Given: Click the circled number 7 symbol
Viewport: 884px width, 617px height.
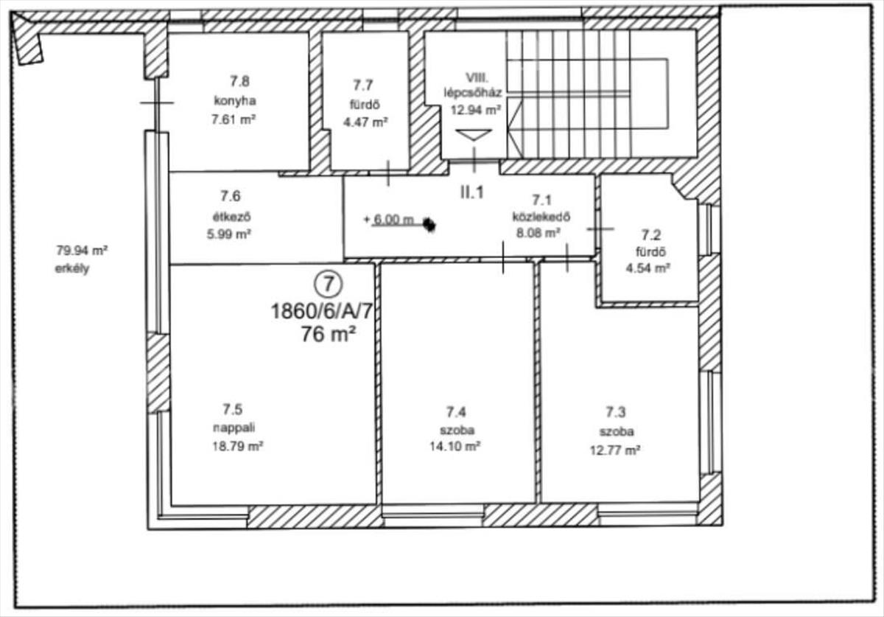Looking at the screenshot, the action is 329,284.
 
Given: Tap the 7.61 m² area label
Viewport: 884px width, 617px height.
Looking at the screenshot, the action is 234,119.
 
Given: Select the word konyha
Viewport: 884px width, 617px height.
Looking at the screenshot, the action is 235,101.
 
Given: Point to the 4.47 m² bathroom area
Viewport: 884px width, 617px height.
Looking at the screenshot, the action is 365,122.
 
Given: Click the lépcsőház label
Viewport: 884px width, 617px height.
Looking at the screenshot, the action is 473,93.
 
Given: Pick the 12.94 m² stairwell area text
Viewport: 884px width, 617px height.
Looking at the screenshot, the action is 476,109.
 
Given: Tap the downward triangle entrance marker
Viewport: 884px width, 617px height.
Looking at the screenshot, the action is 474,135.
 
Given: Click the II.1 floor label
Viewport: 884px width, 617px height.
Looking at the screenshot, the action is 472,192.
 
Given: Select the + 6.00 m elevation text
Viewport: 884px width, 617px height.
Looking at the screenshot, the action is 389,220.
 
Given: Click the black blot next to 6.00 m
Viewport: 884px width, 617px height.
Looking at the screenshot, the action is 429,225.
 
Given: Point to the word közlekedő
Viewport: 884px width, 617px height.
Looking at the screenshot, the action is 541,217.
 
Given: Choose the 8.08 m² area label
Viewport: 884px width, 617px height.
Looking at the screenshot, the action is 539,233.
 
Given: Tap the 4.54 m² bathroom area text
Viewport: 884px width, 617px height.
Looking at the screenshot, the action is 648,268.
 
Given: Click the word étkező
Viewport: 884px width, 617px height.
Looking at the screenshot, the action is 231,217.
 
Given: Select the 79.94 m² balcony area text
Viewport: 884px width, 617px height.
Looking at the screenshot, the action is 82,250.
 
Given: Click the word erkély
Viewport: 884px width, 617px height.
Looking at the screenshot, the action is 72,269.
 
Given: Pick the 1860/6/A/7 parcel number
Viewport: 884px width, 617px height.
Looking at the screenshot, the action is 321,312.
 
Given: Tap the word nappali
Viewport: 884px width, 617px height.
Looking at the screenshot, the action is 234,428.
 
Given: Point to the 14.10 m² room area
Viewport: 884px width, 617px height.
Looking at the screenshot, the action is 455,447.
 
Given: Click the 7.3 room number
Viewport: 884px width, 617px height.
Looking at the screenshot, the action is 616,412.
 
